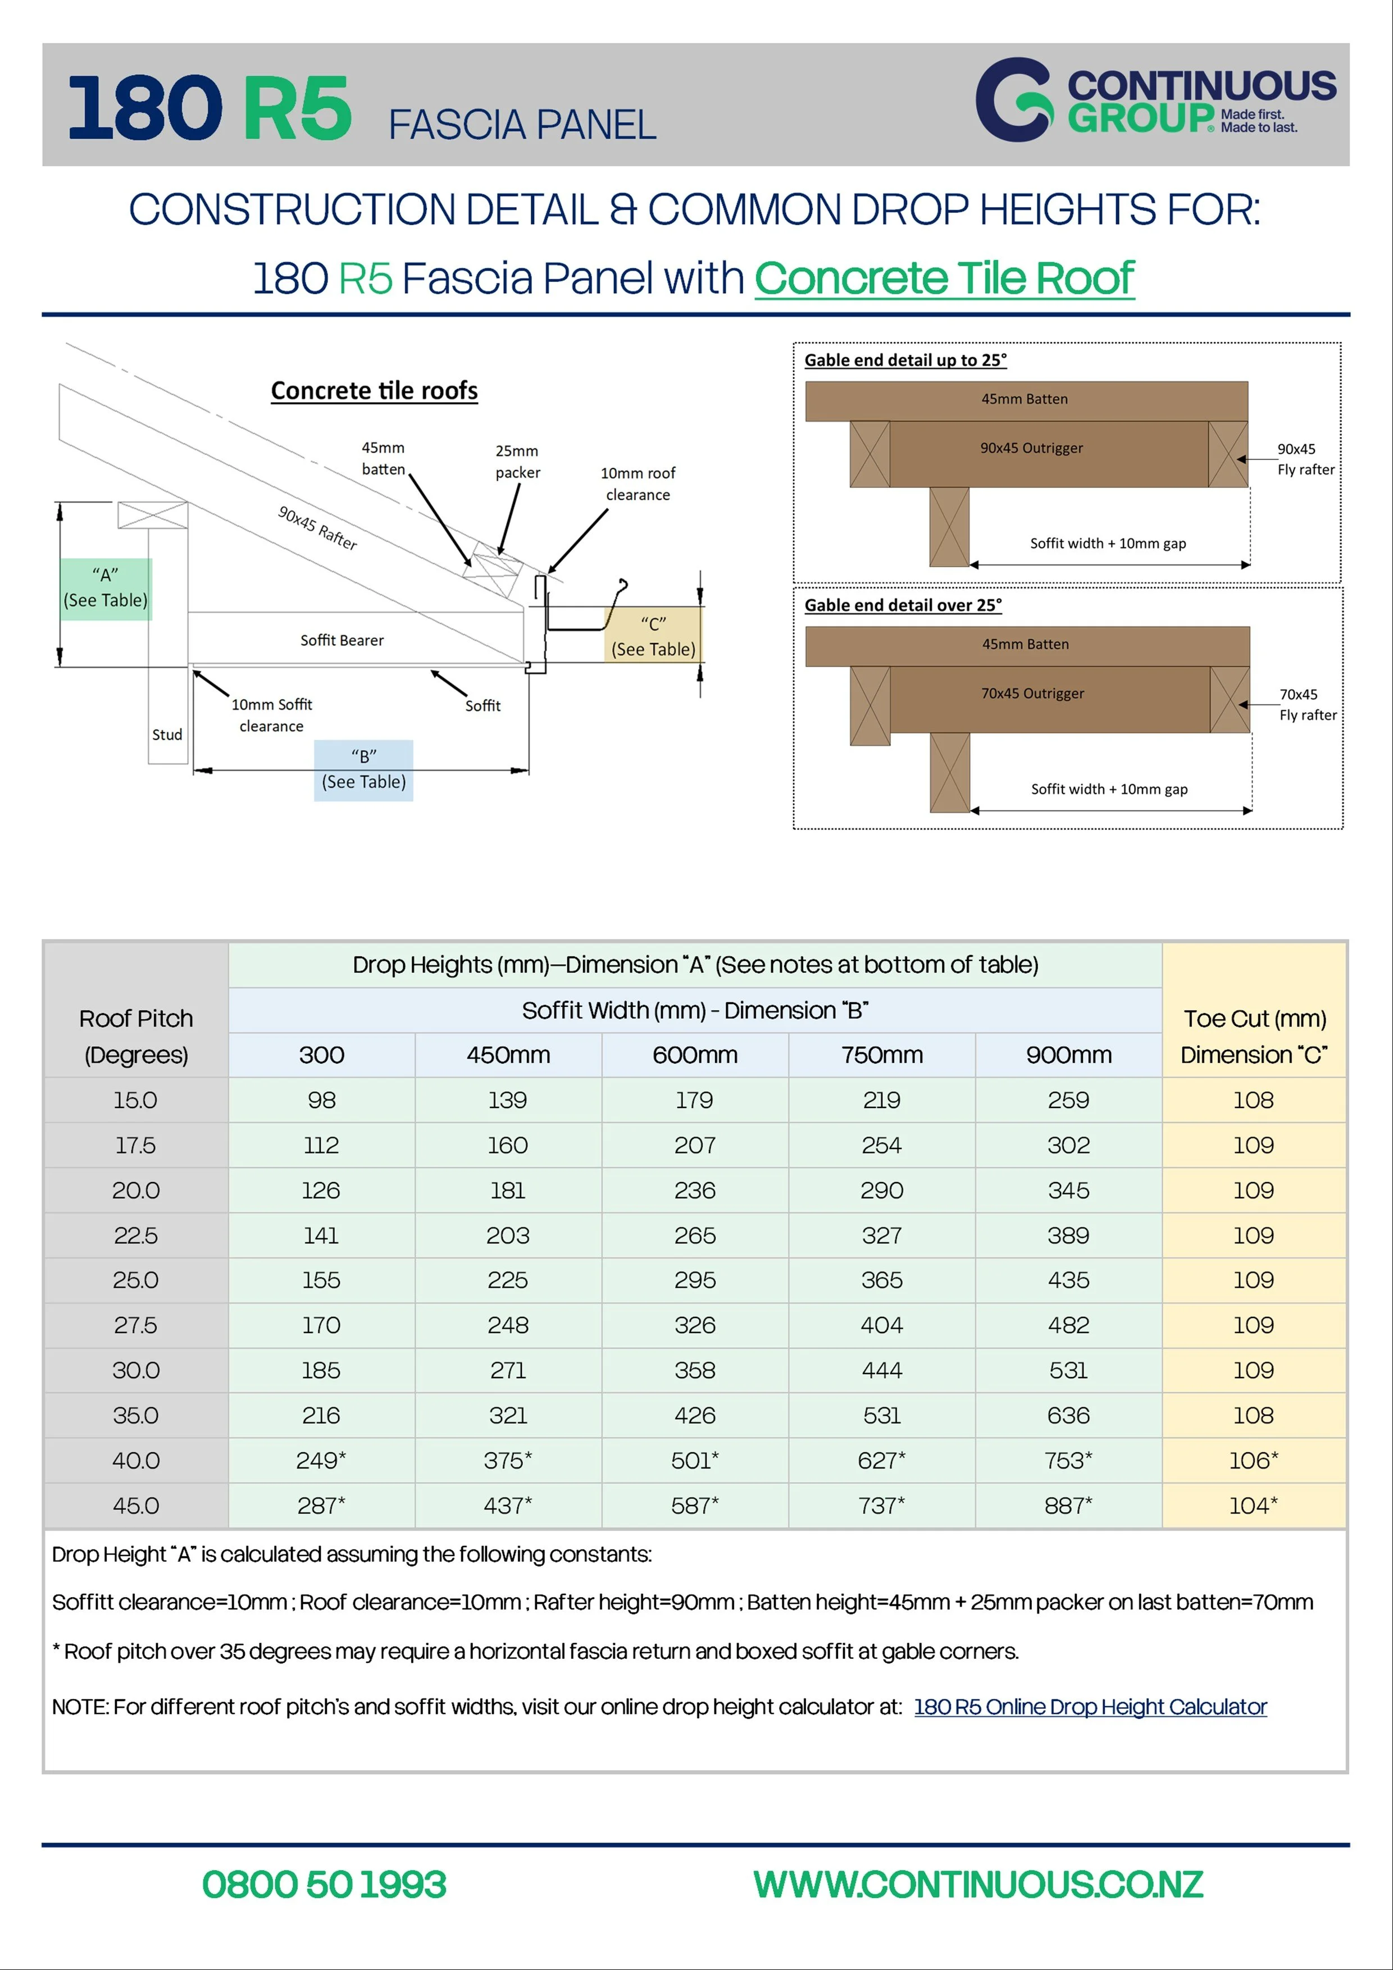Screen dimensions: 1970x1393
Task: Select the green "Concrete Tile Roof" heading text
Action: pyautogui.click(x=944, y=279)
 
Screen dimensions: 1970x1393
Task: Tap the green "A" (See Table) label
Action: pyautogui.click(x=106, y=588)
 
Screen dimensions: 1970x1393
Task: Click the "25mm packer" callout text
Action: pyautogui.click(x=517, y=462)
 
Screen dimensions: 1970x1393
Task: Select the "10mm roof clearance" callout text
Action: pyautogui.click(x=638, y=484)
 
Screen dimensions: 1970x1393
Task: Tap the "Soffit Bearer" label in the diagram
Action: pyautogui.click(x=342, y=640)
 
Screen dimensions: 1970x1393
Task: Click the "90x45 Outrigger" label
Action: pyautogui.click(x=1032, y=448)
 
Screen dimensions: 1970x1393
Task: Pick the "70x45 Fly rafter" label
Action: pyautogui.click(x=1307, y=704)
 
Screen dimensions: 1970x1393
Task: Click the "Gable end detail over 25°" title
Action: pyautogui.click(x=903, y=605)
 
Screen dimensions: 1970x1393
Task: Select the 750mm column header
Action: pyautogui.click(x=881, y=1055)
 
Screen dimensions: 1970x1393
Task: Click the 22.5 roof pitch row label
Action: pyautogui.click(x=135, y=1235)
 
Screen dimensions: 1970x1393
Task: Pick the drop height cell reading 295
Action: pyautogui.click(x=694, y=1280)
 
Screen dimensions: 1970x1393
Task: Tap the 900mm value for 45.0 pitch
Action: pyautogui.click(x=1068, y=1506)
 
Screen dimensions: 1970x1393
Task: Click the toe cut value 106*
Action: pyautogui.click(x=1253, y=1460)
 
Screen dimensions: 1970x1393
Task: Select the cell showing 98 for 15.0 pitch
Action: pyautogui.click(x=321, y=1100)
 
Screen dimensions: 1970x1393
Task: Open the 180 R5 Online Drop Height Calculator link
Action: pyautogui.click(x=1090, y=1707)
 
